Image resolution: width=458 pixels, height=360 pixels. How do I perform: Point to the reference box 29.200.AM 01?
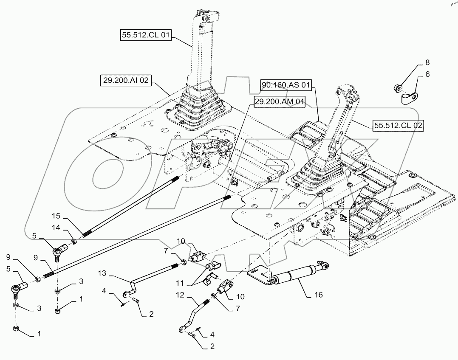point(279,101)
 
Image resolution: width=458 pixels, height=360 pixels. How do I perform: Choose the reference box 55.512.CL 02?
point(393,125)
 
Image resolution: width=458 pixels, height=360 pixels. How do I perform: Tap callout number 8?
point(427,62)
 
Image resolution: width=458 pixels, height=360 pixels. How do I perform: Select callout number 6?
point(427,74)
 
